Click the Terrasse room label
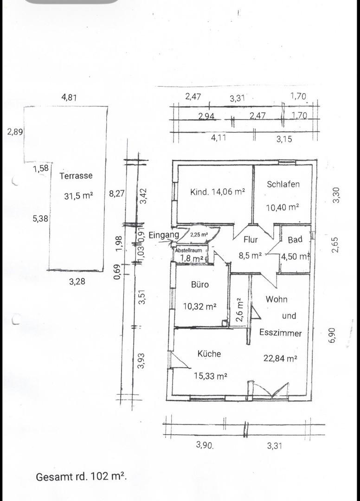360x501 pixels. [76, 176]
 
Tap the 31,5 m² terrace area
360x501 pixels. [78, 196]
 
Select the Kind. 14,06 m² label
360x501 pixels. [218, 192]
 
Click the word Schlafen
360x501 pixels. [283, 184]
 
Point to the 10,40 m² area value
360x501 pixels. [283, 207]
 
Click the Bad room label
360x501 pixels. [295, 239]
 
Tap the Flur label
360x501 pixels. [251, 239]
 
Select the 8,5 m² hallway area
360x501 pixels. [251, 256]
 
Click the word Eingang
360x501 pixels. [164, 235]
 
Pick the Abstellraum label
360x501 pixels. [188, 250]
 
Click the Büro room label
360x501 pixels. [199, 284]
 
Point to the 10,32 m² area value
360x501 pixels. [199, 307]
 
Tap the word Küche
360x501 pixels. [209, 353]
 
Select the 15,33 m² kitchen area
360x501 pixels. [211, 376]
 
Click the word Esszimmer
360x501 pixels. [281, 333]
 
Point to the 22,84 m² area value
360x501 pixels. [280, 358]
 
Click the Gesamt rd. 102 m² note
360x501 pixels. [82, 477]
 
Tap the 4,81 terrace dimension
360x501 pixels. [69, 97]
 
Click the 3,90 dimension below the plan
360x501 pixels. [205, 445]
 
